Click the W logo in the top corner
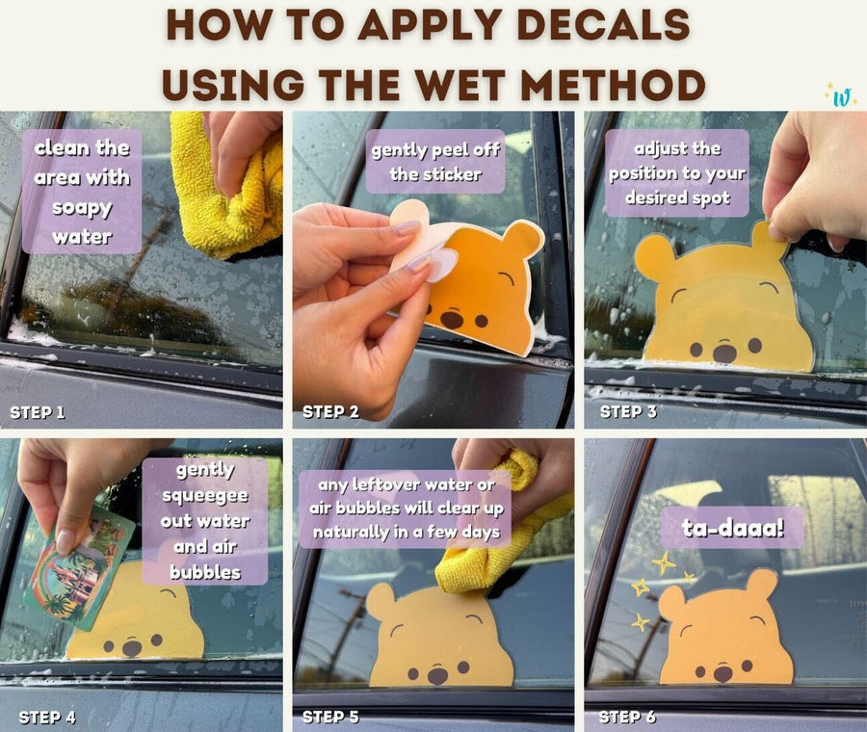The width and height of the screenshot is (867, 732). point(841,97)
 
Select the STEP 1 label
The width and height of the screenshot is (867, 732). point(38,412)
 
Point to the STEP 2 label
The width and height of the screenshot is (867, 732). point(330,412)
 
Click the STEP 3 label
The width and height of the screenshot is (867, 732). point(628,412)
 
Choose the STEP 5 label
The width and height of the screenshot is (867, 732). point(330,717)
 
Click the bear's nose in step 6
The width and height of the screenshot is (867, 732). point(722,673)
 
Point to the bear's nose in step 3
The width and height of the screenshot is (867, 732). point(724,353)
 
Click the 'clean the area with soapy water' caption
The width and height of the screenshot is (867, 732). point(82,192)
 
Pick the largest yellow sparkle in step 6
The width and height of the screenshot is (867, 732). point(663,563)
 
